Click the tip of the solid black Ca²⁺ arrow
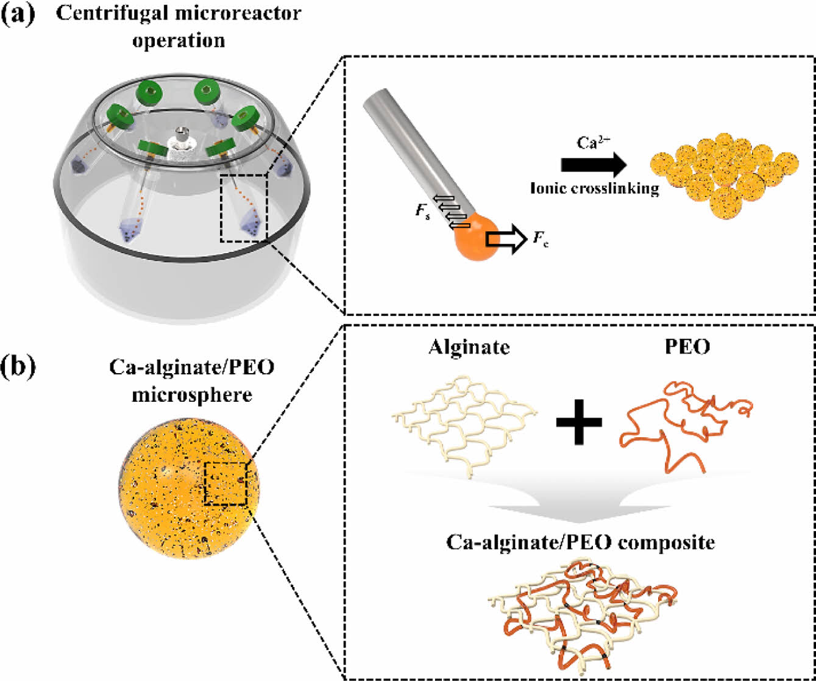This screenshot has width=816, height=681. [627, 165]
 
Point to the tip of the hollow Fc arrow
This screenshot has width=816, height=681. [527, 239]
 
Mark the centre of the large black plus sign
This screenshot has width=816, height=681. [579, 422]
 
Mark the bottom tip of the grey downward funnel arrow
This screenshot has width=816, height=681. [580, 522]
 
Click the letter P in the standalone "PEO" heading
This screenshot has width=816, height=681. [672, 346]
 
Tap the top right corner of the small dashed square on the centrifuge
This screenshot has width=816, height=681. [268, 176]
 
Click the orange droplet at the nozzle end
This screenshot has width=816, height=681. [477, 236]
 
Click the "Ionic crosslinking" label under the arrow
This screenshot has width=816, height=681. [594, 189]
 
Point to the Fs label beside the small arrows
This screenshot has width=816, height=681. [422, 212]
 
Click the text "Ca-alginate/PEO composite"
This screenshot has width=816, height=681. [580, 543]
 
